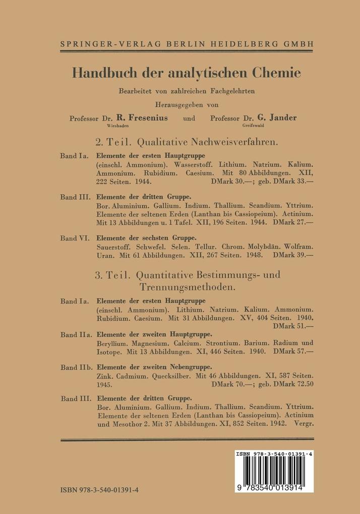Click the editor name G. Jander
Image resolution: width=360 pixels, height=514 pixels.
[x=277, y=118]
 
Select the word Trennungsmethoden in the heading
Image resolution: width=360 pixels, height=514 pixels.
[x=186, y=288]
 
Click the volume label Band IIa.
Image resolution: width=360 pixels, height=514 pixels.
[x=76, y=334]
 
